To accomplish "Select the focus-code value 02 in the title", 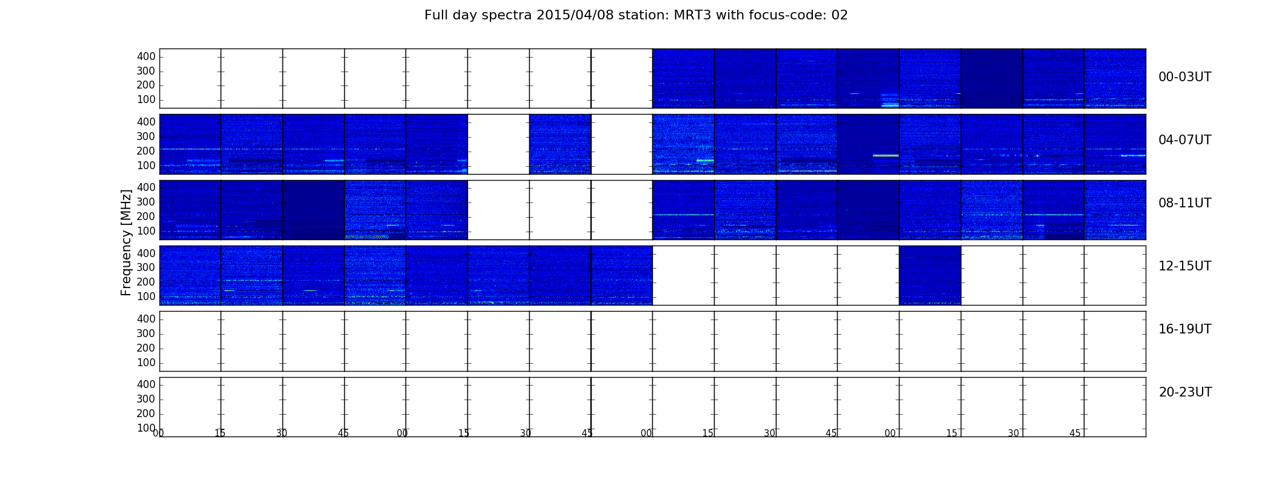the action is [x=840, y=15].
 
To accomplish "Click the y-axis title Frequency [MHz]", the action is [x=126, y=242].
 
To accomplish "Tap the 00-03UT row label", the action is [x=1185, y=77].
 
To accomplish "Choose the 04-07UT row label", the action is [x=1185, y=140].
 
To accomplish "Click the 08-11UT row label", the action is [x=1185, y=203].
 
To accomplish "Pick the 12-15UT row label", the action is [x=1185, y=266].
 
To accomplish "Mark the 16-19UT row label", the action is [x=1185, y=329].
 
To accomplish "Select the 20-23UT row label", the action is [x=1185, y=392].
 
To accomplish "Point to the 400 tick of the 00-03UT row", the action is [x=146, y=56].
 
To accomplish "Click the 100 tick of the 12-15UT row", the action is [x=146, y=296].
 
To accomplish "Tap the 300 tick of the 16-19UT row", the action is [x=146, y=333].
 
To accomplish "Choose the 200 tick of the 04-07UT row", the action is [x=146, y=151].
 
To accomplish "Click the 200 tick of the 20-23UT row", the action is [x=146, y=413].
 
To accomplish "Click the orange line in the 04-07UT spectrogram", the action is [x=886, y=156].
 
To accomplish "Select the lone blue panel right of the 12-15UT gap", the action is [x=930, y=275].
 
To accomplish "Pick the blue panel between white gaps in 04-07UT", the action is [x=560, y=144].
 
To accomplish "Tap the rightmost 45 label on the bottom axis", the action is [x=1075, y=433].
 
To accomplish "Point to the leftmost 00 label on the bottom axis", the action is [x=158, y=433].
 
